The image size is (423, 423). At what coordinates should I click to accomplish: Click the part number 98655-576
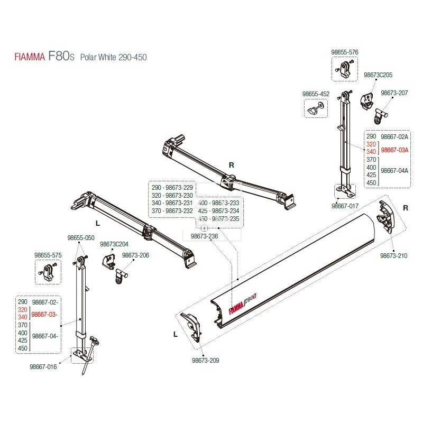pos(345,52)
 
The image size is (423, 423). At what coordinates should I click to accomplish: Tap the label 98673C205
pos(378,75)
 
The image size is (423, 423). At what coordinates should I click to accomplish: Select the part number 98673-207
pos(394,93)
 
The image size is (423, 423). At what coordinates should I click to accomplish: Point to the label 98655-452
pos(316,94)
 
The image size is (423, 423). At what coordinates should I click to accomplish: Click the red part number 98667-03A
pos(394,150)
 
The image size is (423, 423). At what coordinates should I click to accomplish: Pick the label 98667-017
pos(345,205)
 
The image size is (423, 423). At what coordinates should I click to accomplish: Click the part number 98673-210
pos(394,256)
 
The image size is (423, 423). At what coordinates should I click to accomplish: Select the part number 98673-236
pos(204,236)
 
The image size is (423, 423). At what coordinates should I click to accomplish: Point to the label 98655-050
pos(80,238)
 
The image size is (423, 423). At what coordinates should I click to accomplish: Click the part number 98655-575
pos(48,255)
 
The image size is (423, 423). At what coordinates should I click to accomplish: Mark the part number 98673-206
pos(135,255)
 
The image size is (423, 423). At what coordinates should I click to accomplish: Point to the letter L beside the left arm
pos(98,224)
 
